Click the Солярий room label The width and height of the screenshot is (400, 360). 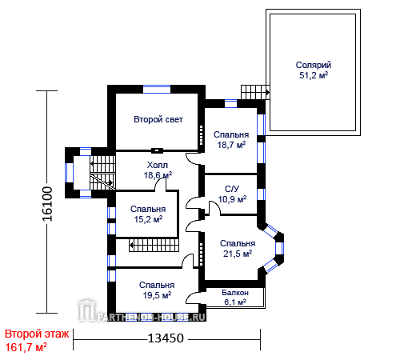[x=314, y=65]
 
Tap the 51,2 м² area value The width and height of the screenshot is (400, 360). [x=314, y=75]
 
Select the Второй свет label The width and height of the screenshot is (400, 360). [x=158, y=119]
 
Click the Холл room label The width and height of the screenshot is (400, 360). [x=158, y=165]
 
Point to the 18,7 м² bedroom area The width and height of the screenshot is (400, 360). [x=231, y=145]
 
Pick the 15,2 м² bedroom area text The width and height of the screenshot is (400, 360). [x=148, y=219]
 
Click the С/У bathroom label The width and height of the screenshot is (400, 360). [x=232, y=189]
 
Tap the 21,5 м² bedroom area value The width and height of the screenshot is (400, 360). [x=238, y=254]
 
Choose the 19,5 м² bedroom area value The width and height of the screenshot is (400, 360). [x=157, y=295]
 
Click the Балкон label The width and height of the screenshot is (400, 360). [x=235, y=293]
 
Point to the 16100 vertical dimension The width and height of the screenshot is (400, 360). [x=47, y=204]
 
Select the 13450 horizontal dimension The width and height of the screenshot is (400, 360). [x=166, y=338]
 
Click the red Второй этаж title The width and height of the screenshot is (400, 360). [x=37, y=334]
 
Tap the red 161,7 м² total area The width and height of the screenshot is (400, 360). [x=26, y=347]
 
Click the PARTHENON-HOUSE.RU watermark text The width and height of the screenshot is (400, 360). [x=151, y=317]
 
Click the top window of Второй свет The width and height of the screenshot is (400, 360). [x=157, y=89]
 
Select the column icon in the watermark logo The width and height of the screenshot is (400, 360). [x=86, y=310]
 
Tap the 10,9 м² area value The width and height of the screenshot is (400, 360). [x=232, y=199]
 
